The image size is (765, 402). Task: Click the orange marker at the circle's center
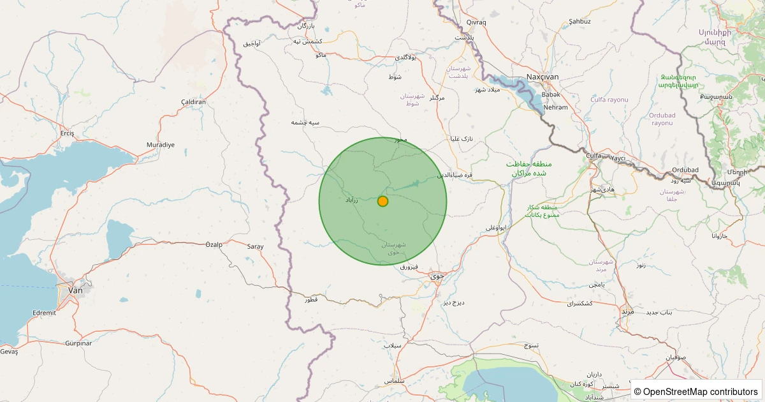382,201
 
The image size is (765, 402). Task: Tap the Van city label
75,290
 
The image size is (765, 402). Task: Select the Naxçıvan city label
543,77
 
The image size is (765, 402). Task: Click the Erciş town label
67,133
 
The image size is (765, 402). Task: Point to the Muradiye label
160,145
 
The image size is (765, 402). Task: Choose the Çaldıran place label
194,102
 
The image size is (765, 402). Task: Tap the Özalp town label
215,245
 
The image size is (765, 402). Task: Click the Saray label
255,246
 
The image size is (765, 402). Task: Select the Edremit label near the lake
45,313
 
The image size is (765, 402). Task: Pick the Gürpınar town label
78,343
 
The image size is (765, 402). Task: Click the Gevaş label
9,352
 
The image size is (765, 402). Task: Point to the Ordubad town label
685,169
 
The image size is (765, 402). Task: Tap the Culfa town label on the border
594,156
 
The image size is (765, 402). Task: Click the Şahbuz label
579,22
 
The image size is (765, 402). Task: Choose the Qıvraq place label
476,22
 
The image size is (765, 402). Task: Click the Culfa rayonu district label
609,100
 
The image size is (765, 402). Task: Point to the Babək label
550,94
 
